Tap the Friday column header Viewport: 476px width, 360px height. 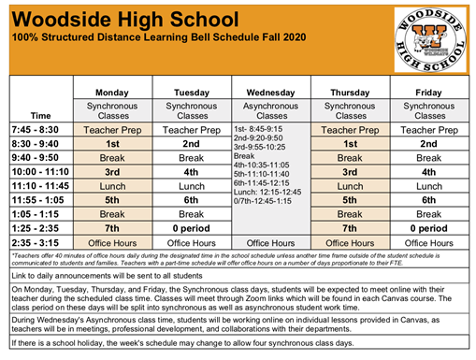point(429,93)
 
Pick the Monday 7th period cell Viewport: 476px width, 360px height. point(111,227)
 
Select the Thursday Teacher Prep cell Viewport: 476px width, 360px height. point(350,130)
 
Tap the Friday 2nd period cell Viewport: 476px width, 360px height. point(429,144)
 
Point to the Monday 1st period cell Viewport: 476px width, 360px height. point(111,144)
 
